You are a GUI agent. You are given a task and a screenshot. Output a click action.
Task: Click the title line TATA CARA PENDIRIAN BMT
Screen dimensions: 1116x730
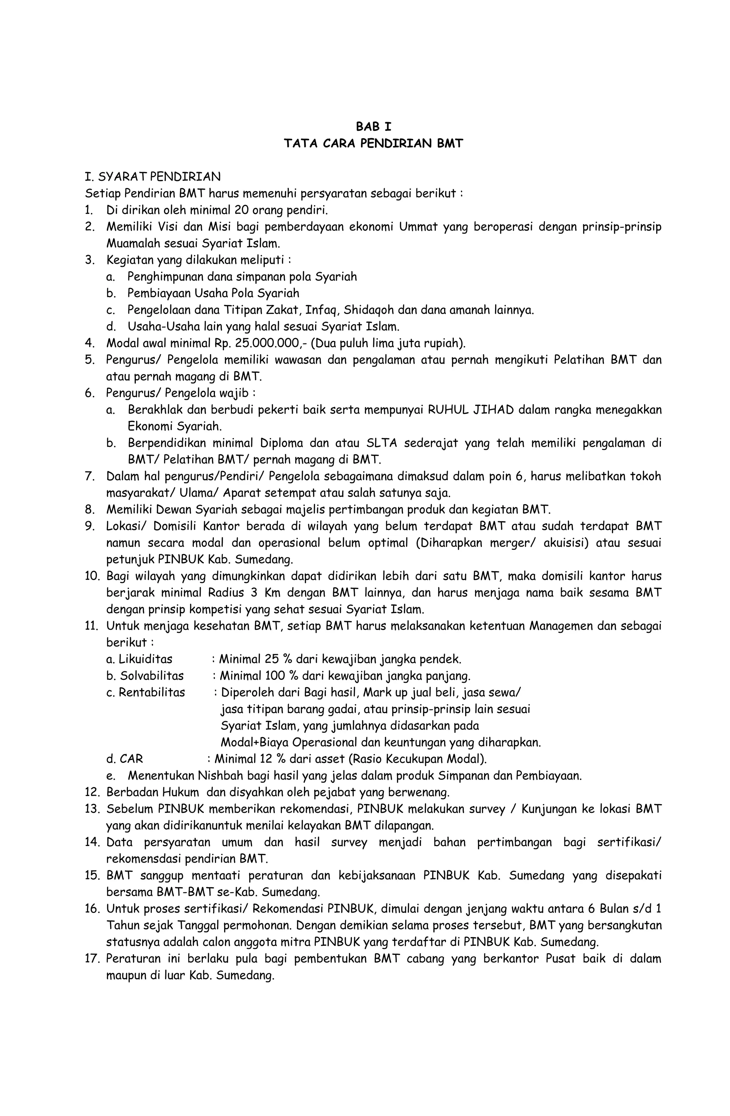click(373, 144)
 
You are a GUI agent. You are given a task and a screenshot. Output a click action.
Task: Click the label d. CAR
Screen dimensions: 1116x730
click(125, 759)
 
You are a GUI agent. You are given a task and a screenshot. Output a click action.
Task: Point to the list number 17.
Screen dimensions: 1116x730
click(90, 959)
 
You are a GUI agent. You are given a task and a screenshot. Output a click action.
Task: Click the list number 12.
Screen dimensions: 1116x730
click(90, 792)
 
